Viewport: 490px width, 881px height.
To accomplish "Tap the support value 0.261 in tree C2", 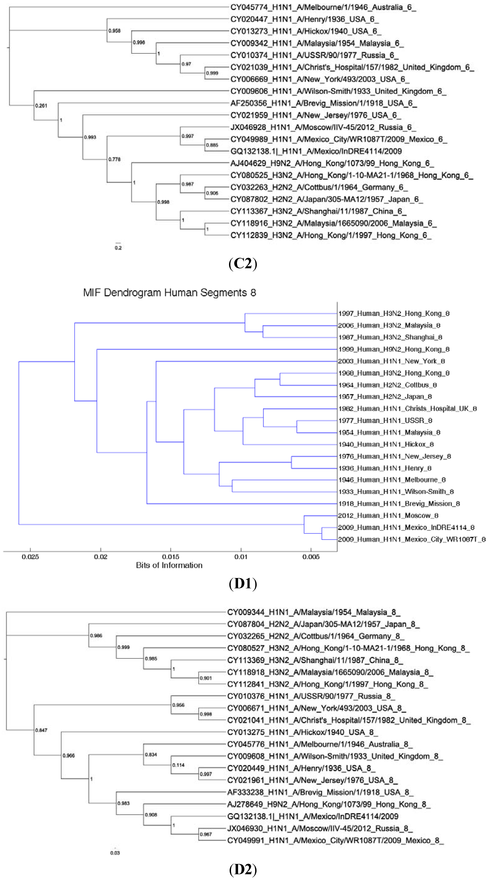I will pos(41,106).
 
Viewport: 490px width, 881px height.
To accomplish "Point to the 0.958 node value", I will pos(114,31).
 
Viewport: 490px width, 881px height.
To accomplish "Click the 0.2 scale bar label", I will pos(118,248).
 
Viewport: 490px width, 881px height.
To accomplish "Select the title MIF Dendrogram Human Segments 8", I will pos(169,293).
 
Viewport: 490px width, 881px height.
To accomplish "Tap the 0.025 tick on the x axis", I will pos(30,557).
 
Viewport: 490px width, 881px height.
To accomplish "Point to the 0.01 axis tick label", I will pos(241,557).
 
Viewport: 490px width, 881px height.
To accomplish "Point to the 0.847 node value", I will pos(41,730).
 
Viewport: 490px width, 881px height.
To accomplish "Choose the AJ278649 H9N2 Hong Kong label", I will pos(329,804).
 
